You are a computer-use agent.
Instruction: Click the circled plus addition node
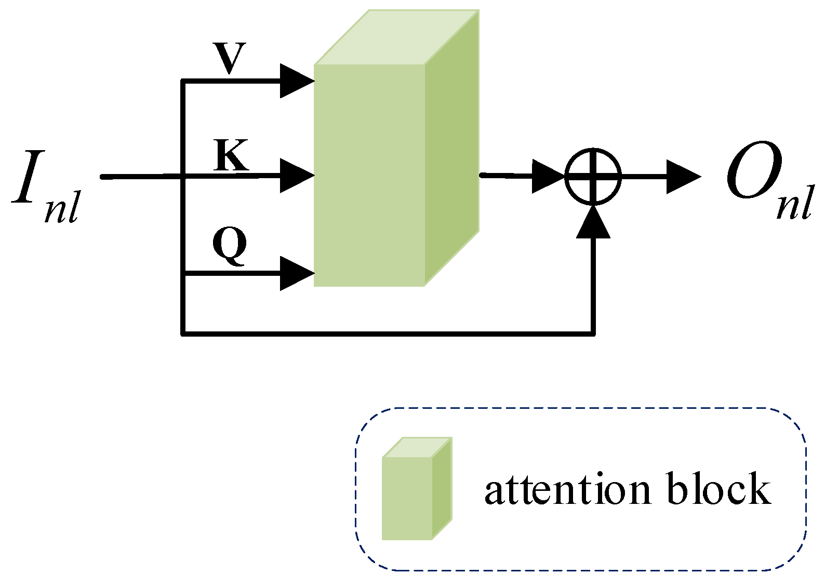click(x=593, y=177)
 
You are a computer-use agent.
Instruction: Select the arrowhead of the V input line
click(x=297, y=81)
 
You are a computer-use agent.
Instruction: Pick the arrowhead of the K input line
click(x=297, y=176)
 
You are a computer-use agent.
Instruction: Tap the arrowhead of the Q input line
click(x=297, y=273)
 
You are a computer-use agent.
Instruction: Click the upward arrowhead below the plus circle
click(x=593, y=222)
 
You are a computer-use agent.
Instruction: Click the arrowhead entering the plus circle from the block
click(x=548, y=177)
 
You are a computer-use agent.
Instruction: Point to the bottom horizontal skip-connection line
click(x=387, y=333)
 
